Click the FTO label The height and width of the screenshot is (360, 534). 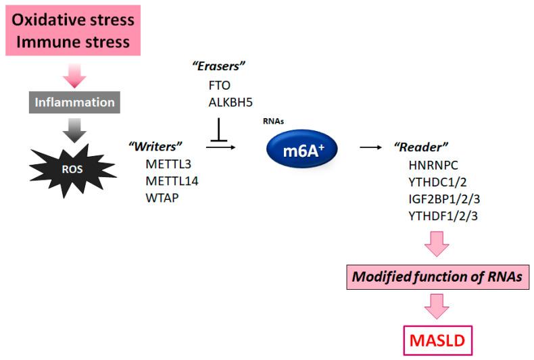point(219,86)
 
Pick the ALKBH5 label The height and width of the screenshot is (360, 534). point(231,102)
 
